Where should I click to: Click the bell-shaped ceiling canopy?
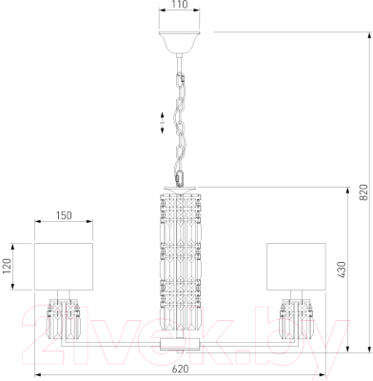tap(179, 42)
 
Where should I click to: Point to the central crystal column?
tap(179, 257)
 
